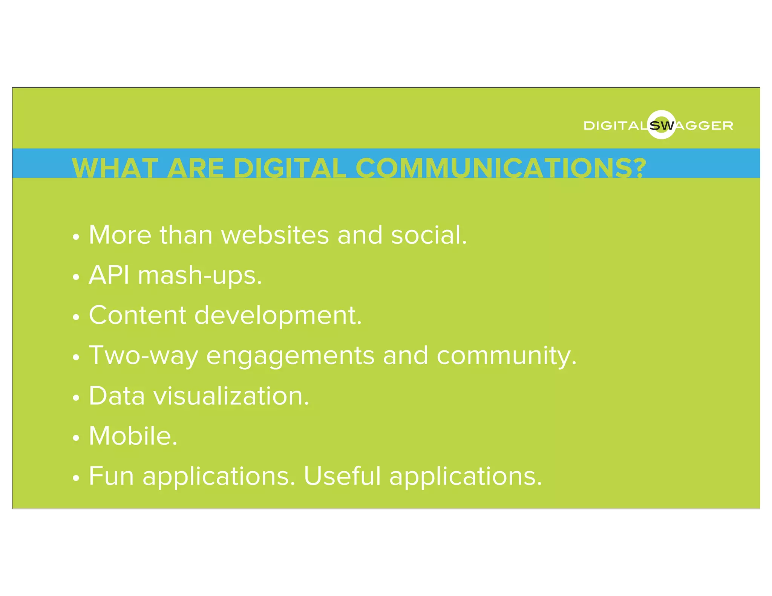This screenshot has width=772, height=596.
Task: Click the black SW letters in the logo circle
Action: [x=662, y=125]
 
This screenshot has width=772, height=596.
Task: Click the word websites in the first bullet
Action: [x=275, y=235]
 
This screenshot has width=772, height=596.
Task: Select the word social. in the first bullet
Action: [x=429, y=235]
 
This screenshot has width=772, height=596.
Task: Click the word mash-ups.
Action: [x=200, y=276]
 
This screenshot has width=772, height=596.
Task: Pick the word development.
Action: [x=278, y=316]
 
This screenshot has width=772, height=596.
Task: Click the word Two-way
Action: [x=143, y=356]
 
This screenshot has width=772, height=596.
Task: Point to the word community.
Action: [x=507, y=356]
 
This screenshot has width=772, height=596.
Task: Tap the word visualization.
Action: [x=231, y=396]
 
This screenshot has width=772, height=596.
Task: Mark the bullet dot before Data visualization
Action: [x=76, y=398]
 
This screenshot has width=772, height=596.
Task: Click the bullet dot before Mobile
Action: [x=76, y=438]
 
